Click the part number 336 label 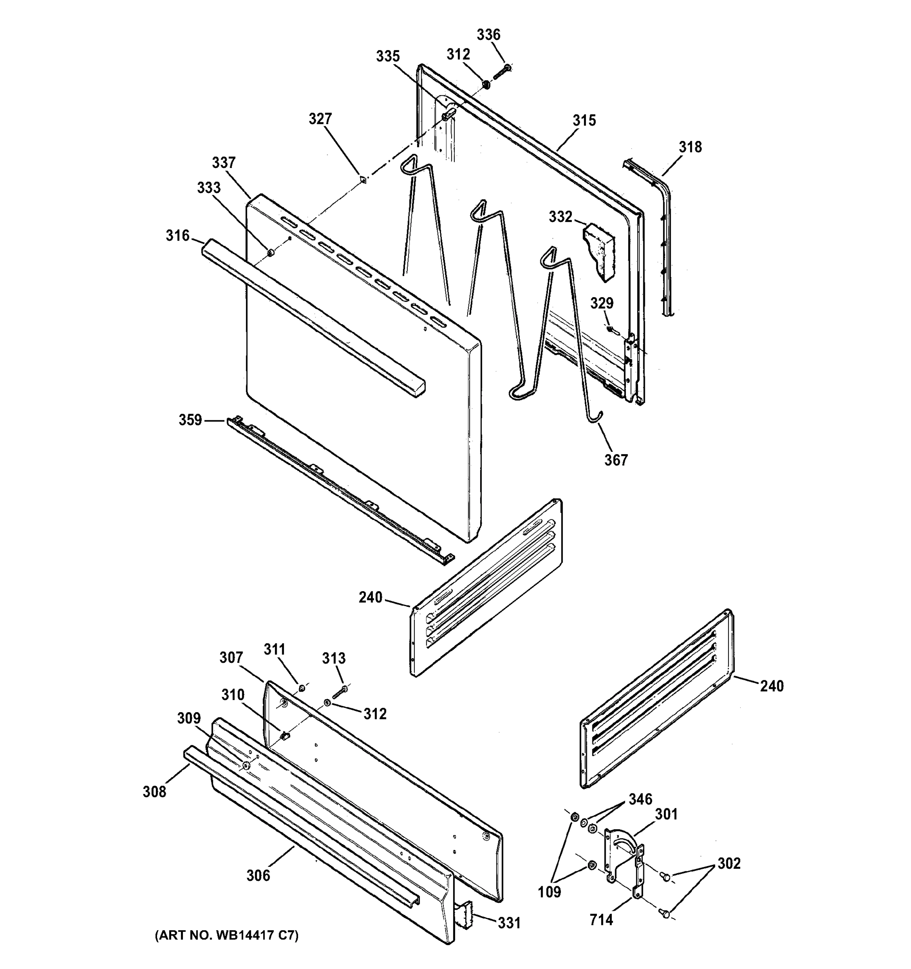point(488,35)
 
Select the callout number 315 point(584,120)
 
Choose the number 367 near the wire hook point(616,459)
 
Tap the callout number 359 point(190,419)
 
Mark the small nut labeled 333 point(270,252)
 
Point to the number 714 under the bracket point(601,920)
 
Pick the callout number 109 point(549,892)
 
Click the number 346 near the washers point(640,799)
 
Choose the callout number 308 point(154,792)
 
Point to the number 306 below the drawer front point(258,876)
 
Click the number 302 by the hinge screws point(729,863)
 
